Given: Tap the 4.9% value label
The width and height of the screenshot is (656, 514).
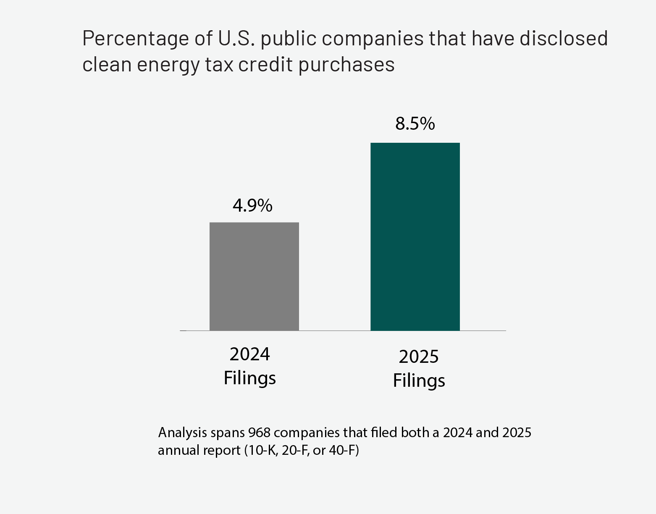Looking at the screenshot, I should [252, 206].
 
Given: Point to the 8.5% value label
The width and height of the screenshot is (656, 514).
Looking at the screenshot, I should [415, 124].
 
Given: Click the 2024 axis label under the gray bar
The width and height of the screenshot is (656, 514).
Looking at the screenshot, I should [249, 354].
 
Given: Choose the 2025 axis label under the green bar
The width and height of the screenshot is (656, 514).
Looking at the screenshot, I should [419, 357].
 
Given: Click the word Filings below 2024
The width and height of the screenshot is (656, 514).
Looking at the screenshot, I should [249, 378].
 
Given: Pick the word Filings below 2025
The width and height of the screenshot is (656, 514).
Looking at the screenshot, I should [419, 381].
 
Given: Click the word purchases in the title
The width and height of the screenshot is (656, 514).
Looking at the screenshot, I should [346, 66].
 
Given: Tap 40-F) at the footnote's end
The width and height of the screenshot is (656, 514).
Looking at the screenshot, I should [345, 451].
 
